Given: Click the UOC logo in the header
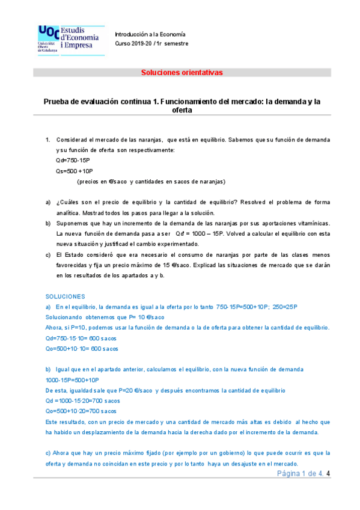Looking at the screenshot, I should coord(71,40).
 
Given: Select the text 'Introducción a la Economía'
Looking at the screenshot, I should coord(150,34).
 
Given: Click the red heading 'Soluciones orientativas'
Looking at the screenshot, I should coord(182,72).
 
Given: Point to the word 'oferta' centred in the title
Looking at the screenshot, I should coord(182,111).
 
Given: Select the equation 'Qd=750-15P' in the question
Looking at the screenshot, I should coord(71,160).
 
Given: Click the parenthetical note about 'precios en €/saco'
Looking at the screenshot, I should coord(151,181).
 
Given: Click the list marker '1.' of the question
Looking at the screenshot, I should coord(48,140).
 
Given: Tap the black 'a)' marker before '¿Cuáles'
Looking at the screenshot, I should coord(49,202).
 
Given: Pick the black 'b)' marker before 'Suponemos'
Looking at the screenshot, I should coord(49,223).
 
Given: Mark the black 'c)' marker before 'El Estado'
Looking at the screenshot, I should coord(49,255).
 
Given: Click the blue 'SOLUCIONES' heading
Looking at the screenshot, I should coord(66,296).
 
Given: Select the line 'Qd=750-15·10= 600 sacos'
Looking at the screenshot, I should coord(82,338).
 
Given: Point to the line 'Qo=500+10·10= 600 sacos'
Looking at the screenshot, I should coord(82,348).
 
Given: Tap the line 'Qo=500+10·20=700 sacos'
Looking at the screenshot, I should coord(81,411).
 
